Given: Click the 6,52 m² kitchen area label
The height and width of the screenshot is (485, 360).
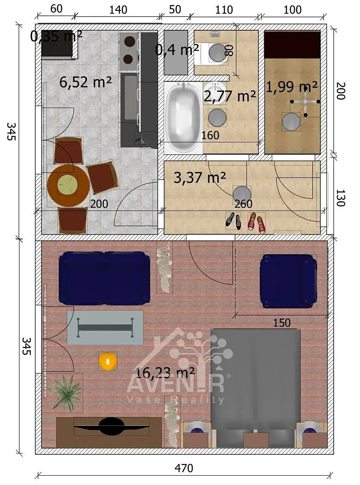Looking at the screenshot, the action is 86,82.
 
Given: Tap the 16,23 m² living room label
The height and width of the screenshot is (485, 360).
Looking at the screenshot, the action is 165,373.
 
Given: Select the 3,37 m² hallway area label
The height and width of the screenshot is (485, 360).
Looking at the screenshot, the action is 200,177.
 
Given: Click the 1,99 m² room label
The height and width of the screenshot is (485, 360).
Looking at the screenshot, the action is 292,87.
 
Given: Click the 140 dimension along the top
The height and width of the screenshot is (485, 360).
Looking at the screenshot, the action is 118,10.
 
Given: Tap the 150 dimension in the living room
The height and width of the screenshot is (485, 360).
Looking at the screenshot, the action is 282,323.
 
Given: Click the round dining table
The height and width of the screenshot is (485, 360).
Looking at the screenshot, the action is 68,186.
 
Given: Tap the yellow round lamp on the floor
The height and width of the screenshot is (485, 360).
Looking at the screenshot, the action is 108,361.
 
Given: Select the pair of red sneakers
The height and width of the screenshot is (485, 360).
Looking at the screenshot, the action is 256,223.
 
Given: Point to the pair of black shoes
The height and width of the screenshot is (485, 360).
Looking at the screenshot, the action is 233,221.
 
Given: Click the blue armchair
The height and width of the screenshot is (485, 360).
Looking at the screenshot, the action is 288,281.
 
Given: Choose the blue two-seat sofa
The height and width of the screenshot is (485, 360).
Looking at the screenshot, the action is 104,278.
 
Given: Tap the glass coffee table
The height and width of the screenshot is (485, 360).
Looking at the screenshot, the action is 105,327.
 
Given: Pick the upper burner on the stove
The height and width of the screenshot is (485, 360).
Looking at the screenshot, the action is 129,41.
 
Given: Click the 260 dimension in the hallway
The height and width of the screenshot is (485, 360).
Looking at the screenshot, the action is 244,204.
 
